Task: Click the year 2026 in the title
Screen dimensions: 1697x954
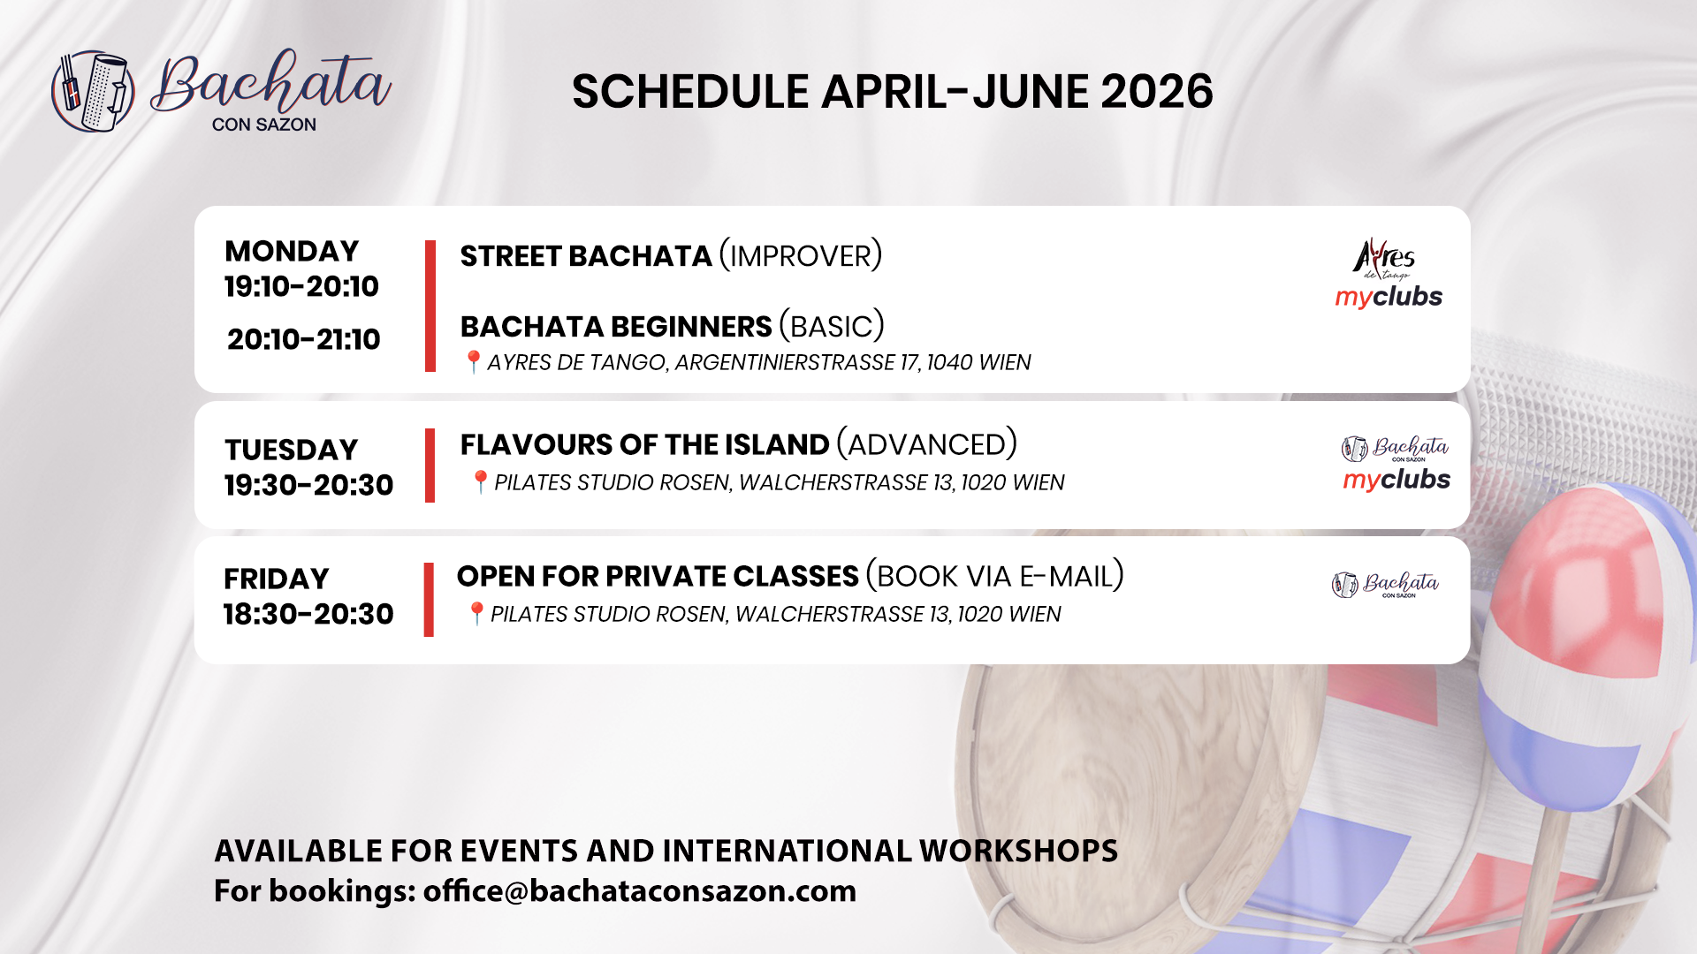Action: (x=1157, y=92)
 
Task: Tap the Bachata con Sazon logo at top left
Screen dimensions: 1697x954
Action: (x=221, y=91)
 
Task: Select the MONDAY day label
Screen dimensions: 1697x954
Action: (x=292, y=251)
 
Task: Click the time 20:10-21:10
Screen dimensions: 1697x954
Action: (x=303, y=339)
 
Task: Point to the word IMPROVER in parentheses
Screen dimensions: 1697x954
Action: (x=801, y=256)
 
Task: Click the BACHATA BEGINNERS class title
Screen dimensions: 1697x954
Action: (x=616, y=327)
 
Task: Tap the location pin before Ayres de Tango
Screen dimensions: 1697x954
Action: (x=473, y=362)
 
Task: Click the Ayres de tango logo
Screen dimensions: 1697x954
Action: (x=1384, y=259)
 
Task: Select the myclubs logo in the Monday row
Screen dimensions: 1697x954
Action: (x=1389, y=297)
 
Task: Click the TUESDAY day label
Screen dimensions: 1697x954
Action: (x=291, y=450)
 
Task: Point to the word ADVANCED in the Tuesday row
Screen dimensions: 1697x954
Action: (x=927, y=444)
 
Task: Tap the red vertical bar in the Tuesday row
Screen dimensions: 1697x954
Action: (x=430, y=466)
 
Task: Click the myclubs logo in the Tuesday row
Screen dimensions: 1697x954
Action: (x=1396, y=480)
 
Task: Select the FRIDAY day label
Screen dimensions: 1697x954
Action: (x=276, y=579)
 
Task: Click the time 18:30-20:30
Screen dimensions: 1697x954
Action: (x=308, y=614)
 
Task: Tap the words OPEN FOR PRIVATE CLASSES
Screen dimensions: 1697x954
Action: (x=658, y=576)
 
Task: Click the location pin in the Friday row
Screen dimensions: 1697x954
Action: (x=476, y=613)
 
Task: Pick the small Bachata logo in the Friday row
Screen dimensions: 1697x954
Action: (x=1385, y=585)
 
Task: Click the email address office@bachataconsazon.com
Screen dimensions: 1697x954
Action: (x=640, y=890)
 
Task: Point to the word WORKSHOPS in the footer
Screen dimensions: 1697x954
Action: (x=1018, y=851)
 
